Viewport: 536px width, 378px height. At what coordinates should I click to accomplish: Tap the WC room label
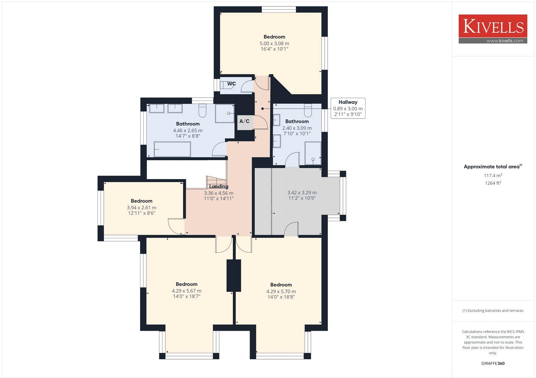(x=231, y=83)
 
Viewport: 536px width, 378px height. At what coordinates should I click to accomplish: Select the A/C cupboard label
(x=244, y=121)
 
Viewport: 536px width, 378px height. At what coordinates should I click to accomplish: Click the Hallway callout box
(x=348, y=108)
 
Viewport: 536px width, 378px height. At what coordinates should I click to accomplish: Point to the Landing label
(x=218, y=186)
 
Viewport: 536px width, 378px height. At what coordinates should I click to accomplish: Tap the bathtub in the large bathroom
(x=172, y=149)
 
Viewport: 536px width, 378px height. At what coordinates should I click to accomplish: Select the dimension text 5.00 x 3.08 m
(x=274, y=44)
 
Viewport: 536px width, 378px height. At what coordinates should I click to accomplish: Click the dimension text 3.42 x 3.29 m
(x=302, y=193)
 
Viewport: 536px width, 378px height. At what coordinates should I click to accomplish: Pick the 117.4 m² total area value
(x=492, y=175)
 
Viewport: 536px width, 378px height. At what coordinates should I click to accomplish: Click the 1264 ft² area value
(x=492, y=183)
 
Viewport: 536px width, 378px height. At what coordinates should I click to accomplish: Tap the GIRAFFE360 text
(x=493, y=363)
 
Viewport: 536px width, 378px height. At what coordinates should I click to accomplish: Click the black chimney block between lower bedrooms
(x=234, y=275)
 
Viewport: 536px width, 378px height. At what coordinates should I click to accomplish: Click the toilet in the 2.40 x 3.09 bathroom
(x=308, y=110)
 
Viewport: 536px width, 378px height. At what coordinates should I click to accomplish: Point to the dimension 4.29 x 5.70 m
(x=281, y=292)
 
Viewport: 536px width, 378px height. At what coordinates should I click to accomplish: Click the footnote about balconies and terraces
(x=493, y=311)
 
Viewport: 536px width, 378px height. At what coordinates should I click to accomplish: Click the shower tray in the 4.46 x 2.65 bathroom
(x=224, y=113)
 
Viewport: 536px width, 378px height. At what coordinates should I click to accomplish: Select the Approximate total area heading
(x=492, y=167)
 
